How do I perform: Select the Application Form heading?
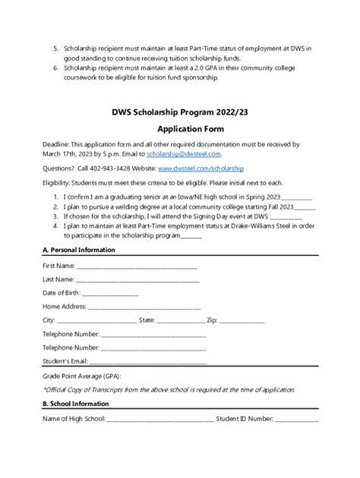(x=179, y=128)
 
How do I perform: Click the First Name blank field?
(x=137, y=267)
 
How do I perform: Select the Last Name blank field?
(x=137, y=280)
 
